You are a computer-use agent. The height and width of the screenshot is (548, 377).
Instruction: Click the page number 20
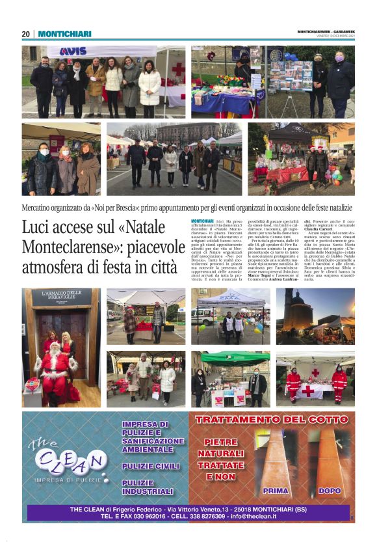[26, 34]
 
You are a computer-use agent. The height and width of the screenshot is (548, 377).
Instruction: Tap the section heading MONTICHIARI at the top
[64, 34]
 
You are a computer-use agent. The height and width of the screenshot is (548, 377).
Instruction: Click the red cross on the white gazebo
[177, 70]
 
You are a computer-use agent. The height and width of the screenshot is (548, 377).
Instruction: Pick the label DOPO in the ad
[330, 491]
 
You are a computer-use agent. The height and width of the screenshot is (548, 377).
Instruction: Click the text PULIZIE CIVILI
[147, 467]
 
